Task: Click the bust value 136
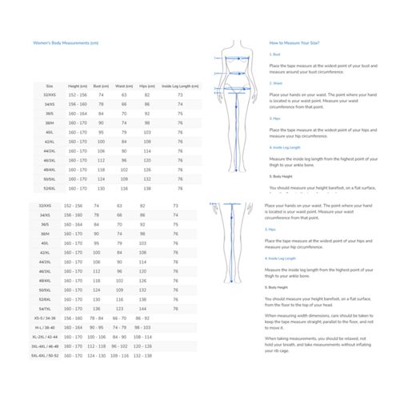[102, 308]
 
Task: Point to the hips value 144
[146, 308]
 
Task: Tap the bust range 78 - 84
[102, 318]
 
